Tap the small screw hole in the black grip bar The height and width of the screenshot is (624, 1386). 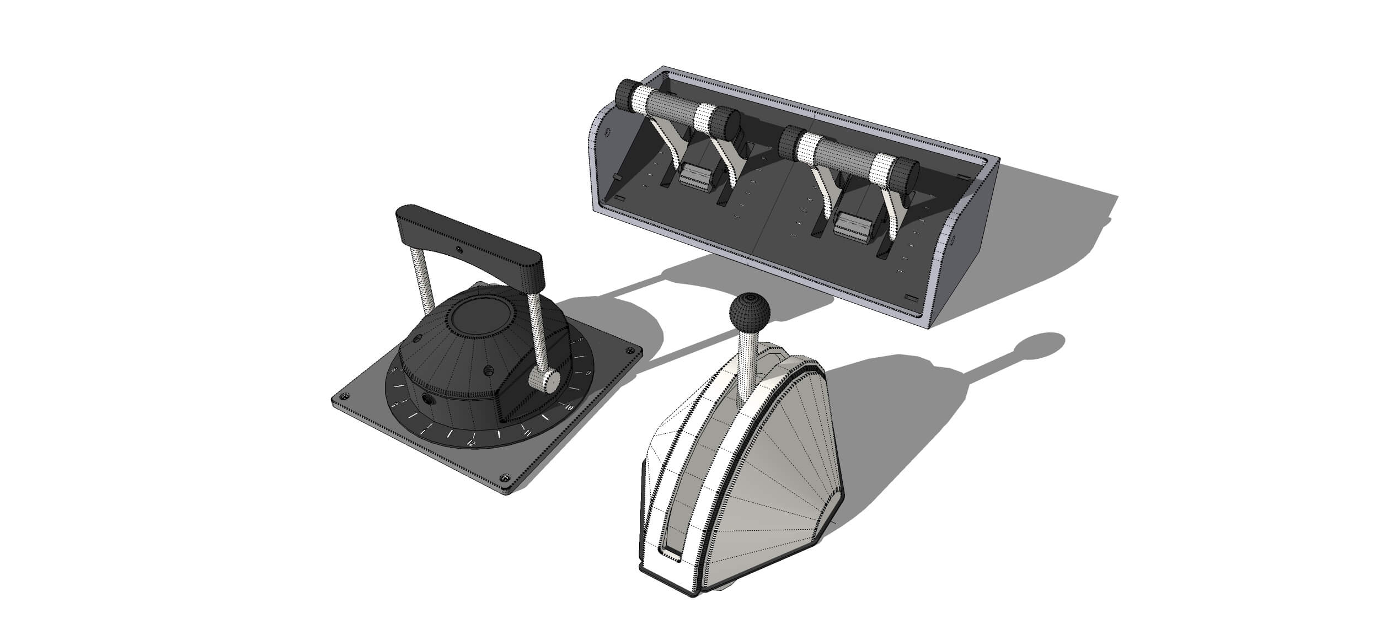(460, 251)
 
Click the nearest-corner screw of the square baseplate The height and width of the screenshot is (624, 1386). (504, 476)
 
